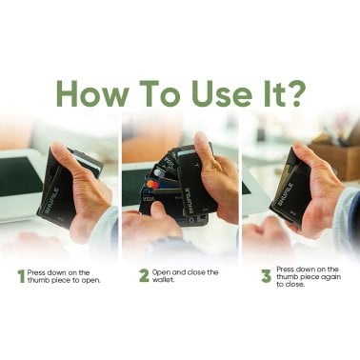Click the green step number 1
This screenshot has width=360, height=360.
point(20,276)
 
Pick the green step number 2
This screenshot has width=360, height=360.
point(144,276)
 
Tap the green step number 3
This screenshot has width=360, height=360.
point(266,276)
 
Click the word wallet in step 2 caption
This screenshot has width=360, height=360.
point(165,282)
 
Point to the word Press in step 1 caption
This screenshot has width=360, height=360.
point(37,271)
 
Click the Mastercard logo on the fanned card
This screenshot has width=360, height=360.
point(151,184)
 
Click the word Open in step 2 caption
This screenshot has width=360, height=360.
point(164,271)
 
